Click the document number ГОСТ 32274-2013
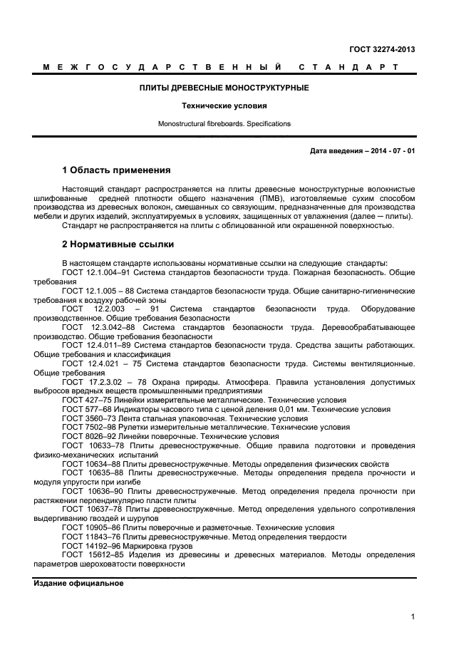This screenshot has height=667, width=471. pos(382,49)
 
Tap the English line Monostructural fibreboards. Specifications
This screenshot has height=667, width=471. pos(224,124)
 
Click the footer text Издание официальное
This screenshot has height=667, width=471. pos(78,583)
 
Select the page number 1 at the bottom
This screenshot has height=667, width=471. pos(413,617)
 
